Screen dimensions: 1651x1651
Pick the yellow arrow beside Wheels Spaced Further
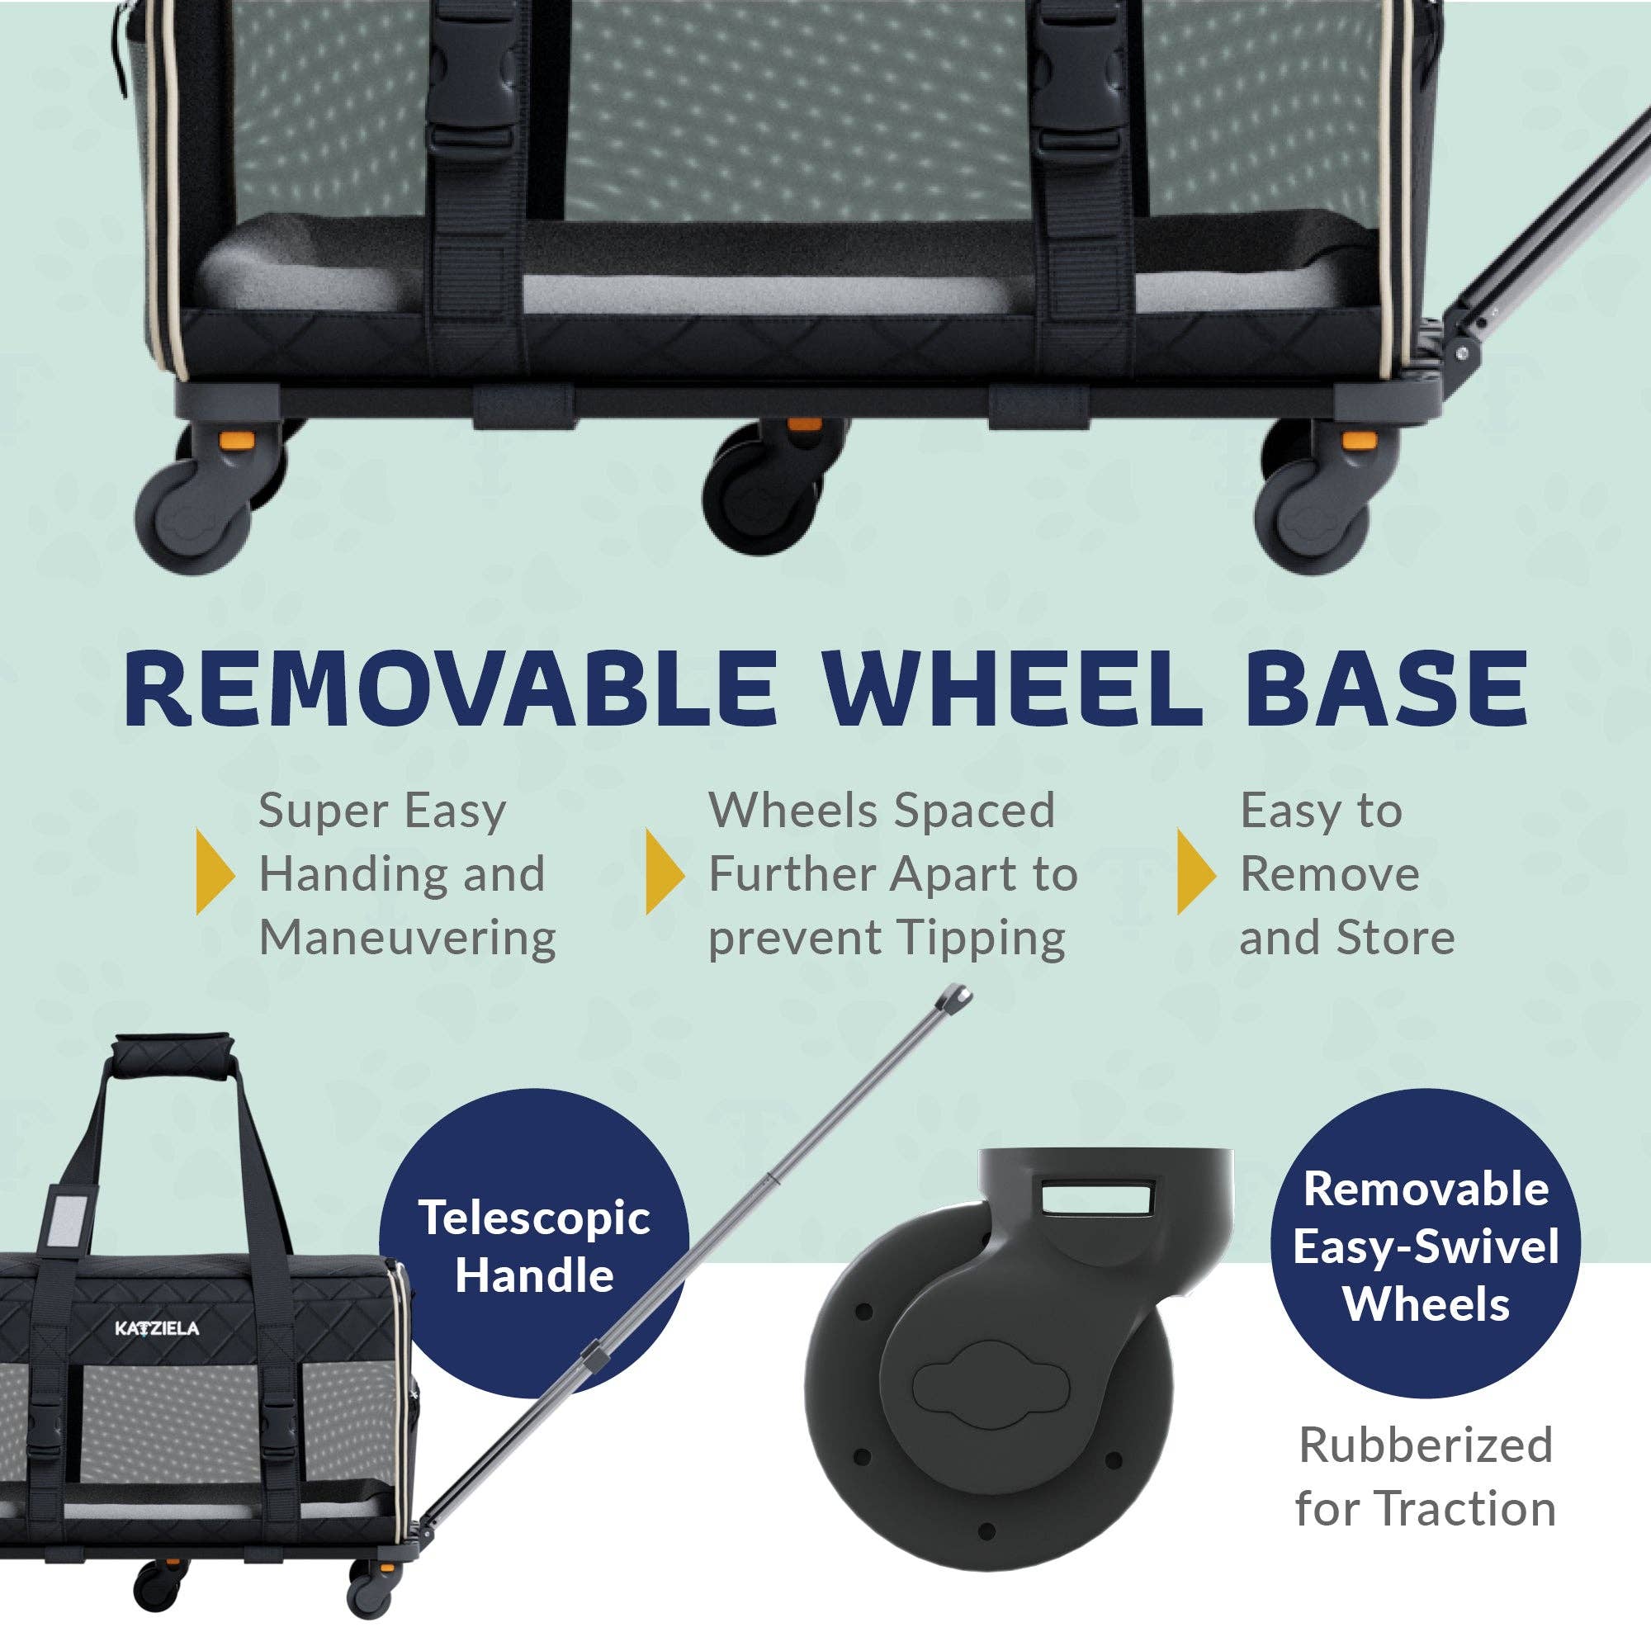click(664, 871)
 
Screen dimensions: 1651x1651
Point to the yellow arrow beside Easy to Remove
click(1195, 871)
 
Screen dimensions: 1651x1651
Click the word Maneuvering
click(408, 938)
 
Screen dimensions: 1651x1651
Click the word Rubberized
click(1426, 1445)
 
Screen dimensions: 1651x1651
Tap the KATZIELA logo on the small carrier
click(157, 1328)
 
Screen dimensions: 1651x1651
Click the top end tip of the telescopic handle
click(957, 996)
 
